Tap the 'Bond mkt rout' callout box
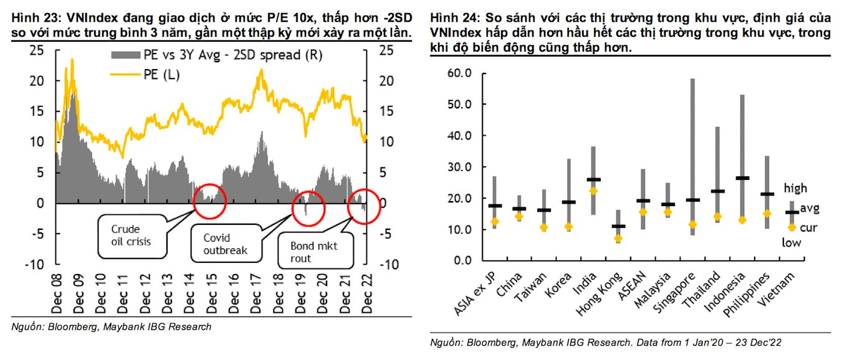click(315, 253)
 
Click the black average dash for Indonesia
click(742, 178)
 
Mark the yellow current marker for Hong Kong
click(617, 239)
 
